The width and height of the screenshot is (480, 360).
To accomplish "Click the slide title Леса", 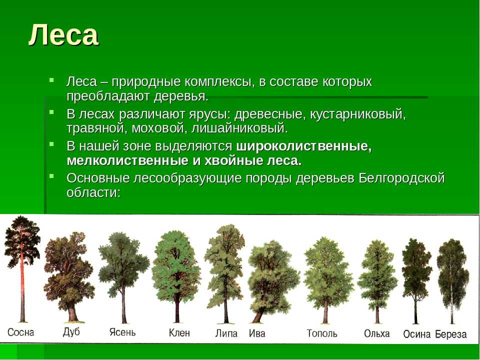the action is (x=63, y=34).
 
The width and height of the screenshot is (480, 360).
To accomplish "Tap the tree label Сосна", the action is (x=20, y=332).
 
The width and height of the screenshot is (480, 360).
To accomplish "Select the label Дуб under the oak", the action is (x=71, y=332).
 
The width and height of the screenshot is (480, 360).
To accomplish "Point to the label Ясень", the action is (x=122, y=332).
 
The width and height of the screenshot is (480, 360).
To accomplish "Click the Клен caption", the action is (x=179, y=333).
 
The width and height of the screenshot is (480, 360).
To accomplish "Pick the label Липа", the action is (x=226, y=333).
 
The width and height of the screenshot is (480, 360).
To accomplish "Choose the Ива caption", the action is (x=257, y=333).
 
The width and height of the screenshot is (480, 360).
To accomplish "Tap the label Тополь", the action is (x=321, y=333).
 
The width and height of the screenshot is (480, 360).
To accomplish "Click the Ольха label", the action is (x=377, y=333).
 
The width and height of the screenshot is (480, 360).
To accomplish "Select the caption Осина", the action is (x=416, y=334).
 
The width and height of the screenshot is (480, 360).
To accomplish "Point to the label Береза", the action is (x=451, y=334).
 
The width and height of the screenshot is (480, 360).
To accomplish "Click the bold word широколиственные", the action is (x=304, y=146).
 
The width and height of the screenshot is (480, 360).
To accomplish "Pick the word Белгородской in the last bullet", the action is (x=401, y=178).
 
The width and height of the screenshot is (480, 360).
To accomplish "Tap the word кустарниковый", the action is (x=358, y=114).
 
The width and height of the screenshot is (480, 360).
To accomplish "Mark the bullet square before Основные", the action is (x=51, y=176).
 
